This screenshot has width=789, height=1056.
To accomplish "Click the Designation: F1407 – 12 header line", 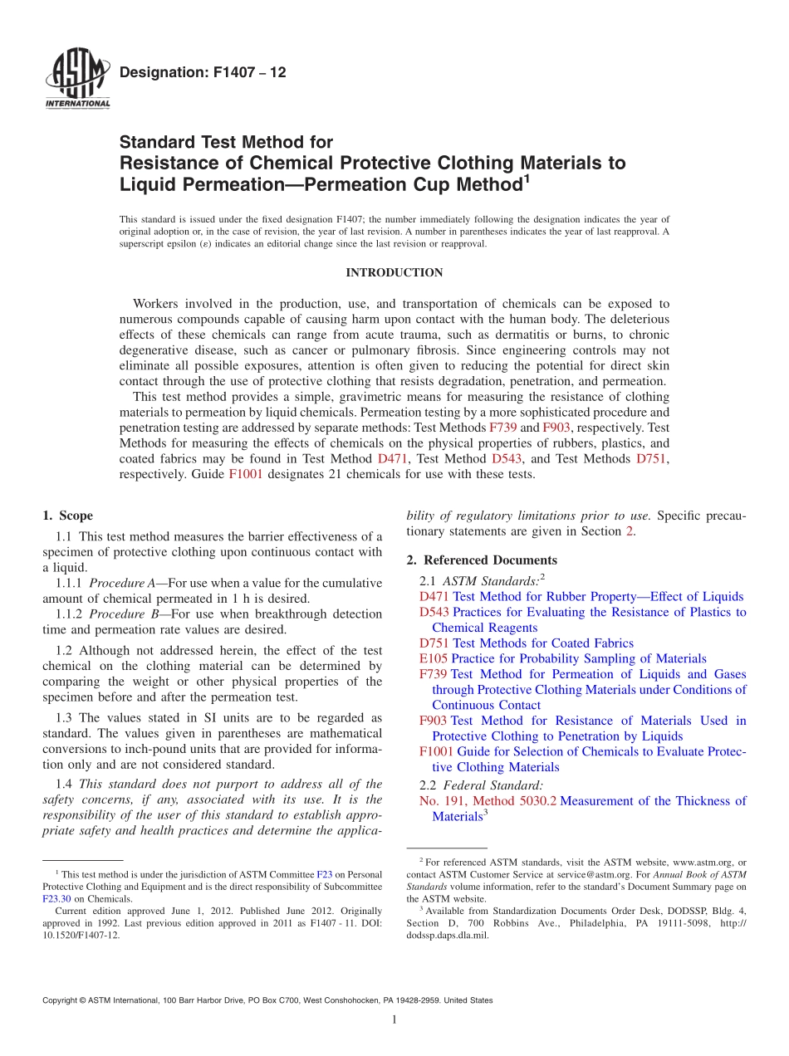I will point(203,73).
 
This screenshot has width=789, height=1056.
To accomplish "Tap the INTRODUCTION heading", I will point(394,273).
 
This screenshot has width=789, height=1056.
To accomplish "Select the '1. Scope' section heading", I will point(67,516).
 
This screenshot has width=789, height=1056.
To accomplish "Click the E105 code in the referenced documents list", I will point(434,659).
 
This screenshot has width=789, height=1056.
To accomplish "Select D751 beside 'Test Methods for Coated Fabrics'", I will point(434,643).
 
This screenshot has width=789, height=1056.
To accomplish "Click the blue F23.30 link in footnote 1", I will point(57,899).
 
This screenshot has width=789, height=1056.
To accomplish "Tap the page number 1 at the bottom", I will point(394,1020).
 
